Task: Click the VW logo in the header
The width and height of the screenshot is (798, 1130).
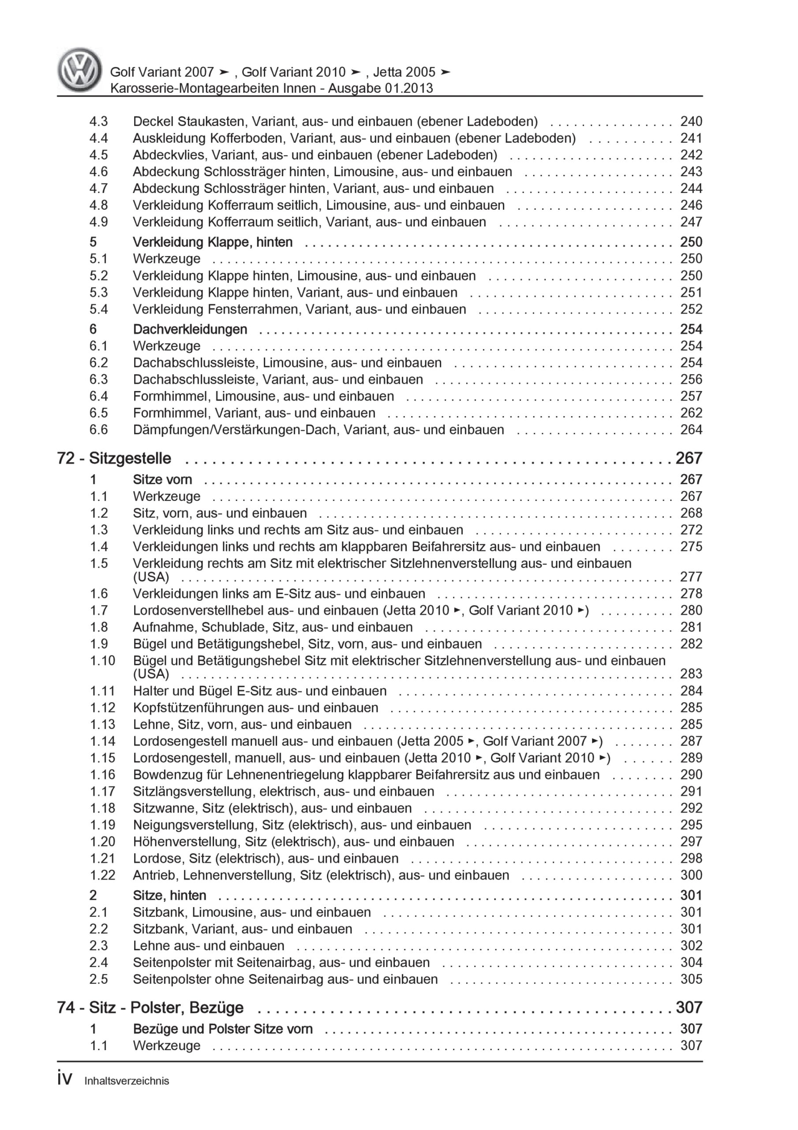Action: (80, 70)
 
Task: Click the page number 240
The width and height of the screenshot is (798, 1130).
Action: (691, 121)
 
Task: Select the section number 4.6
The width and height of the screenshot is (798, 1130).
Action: (98, 172)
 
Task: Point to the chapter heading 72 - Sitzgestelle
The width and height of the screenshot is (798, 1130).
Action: (114, 458)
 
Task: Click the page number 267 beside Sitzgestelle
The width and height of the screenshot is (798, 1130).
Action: (689, 458)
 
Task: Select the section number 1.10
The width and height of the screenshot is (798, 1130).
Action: (102, 660)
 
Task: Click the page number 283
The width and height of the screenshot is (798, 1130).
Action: (691, 674)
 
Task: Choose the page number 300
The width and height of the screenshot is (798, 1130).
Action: (691, 875)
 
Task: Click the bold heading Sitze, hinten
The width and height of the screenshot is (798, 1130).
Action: (169, 895)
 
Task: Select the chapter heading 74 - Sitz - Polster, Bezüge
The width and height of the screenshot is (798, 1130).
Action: (150, 1007)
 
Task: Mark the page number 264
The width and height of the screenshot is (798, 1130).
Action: (691, 429)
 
